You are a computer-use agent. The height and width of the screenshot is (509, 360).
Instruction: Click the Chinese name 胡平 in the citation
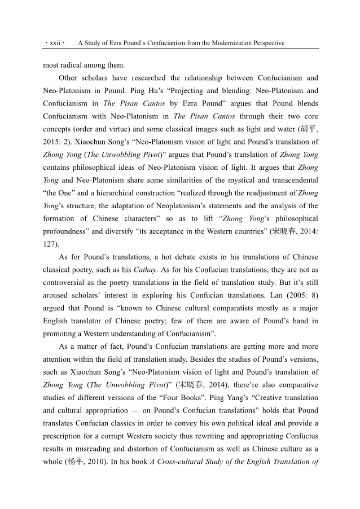click(308, 130)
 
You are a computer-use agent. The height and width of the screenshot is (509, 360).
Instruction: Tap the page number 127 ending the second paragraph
click(51, 244)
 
